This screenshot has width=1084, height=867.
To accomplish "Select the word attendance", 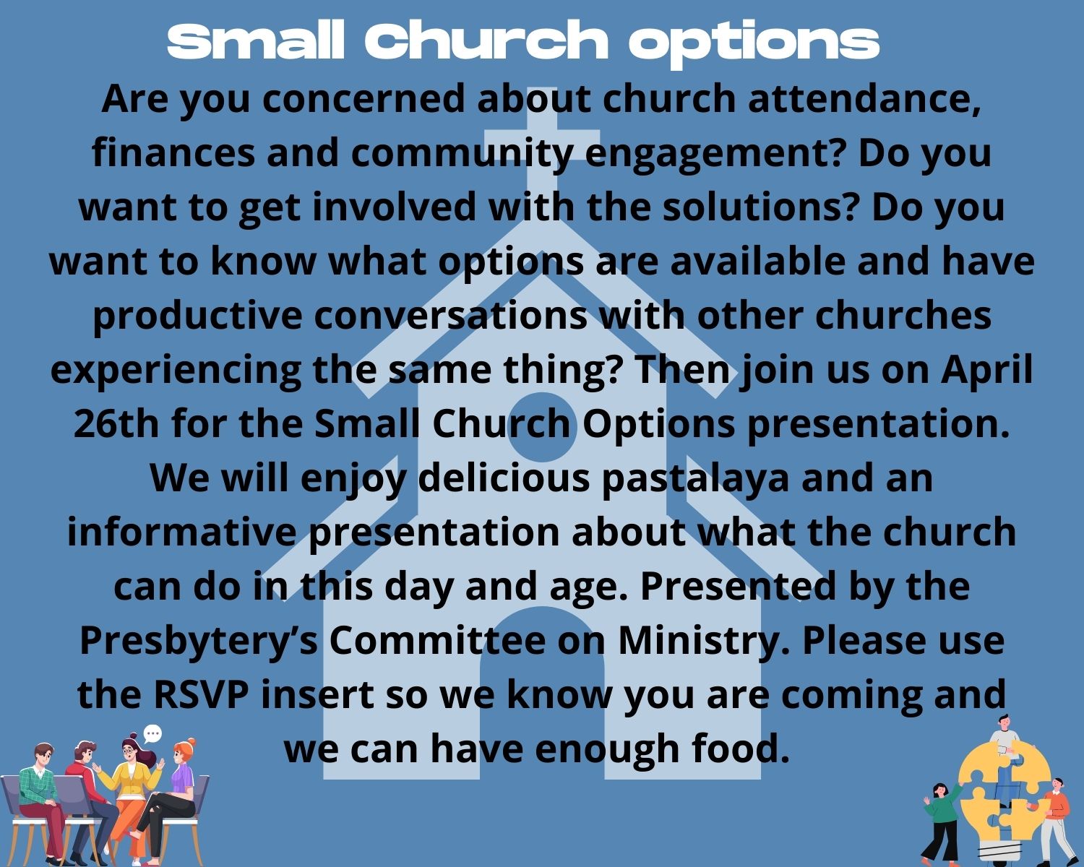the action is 864,99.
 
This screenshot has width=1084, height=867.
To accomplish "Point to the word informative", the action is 182,532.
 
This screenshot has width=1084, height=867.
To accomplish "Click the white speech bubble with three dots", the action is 152,734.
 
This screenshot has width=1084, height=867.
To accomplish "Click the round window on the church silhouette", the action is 541,427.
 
